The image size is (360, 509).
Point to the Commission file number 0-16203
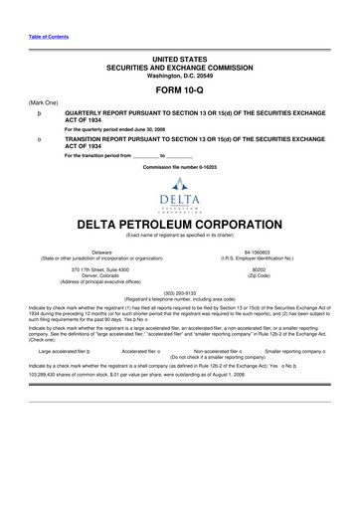179,167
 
